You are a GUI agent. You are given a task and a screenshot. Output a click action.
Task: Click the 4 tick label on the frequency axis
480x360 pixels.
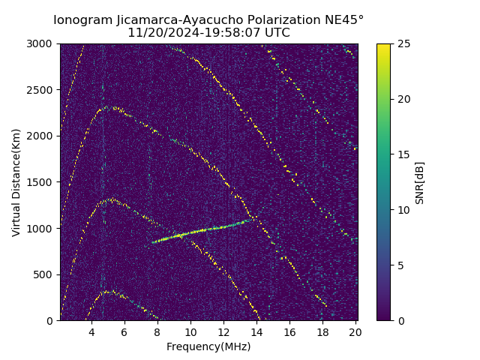click(91, 332)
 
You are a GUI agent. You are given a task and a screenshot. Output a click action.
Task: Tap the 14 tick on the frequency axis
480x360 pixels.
click(256, 332)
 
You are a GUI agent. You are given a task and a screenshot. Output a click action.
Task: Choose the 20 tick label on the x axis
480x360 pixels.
click(355, 332)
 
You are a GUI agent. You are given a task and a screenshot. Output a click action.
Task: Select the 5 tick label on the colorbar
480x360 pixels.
click(400, 265)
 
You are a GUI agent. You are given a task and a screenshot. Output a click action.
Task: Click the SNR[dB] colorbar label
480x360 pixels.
click(420, 182)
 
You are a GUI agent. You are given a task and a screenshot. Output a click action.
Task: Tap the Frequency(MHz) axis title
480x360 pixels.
click(208, 346)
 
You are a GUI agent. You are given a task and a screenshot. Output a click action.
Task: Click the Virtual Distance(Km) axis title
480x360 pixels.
click(16, 182)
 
